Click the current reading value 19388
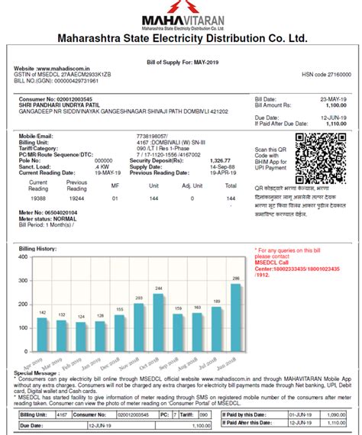[x=37, y=198]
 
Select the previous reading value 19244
[x=76, y=198]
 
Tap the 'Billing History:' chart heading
[x=37, y=249]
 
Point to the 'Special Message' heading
[x=34, y=373]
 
